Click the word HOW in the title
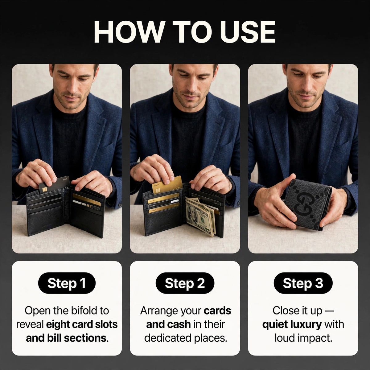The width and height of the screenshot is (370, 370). [129, 32]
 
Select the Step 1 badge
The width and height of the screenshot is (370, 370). [67, 283]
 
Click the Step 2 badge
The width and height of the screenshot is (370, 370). [185, 283]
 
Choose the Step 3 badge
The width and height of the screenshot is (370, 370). [303, 283]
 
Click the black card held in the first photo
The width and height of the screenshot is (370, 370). [54, 185]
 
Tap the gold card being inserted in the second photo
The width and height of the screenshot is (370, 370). [167, 185]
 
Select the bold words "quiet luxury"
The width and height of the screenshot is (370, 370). [292, 325]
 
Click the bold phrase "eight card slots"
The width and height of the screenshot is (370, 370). [82, 324]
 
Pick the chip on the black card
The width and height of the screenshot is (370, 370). [45, 190]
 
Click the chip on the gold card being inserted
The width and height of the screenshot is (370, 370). [158, 190]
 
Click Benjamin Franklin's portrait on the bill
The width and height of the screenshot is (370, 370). [193, 213]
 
